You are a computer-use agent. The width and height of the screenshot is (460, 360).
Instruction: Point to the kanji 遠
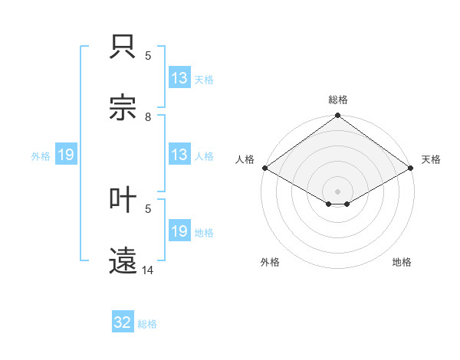124,258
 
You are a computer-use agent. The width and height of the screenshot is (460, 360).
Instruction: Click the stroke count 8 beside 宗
148,116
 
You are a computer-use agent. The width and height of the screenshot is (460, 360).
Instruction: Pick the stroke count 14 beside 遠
148,270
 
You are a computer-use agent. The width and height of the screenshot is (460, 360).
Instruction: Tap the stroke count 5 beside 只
148,55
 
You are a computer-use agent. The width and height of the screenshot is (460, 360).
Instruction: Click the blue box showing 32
123,322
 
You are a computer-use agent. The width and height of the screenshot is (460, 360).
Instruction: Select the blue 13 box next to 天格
179,78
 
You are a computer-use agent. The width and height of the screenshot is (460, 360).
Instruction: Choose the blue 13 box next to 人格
179,155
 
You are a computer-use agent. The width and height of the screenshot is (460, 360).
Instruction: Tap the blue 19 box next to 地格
179,231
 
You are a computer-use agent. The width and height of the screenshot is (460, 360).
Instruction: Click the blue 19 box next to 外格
66,155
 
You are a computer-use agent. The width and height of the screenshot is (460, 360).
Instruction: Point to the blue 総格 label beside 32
147,324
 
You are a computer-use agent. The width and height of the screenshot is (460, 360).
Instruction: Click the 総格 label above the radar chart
337,100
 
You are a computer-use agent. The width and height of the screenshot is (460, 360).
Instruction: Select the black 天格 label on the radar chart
431,159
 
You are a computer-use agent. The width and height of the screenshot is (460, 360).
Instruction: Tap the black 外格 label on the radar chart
270,262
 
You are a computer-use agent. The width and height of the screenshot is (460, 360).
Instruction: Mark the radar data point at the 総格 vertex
337,116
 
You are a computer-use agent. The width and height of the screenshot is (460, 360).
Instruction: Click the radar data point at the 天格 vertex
411,168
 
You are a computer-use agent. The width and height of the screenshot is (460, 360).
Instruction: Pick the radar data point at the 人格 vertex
264,168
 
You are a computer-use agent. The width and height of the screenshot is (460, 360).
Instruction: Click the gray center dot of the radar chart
337,191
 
